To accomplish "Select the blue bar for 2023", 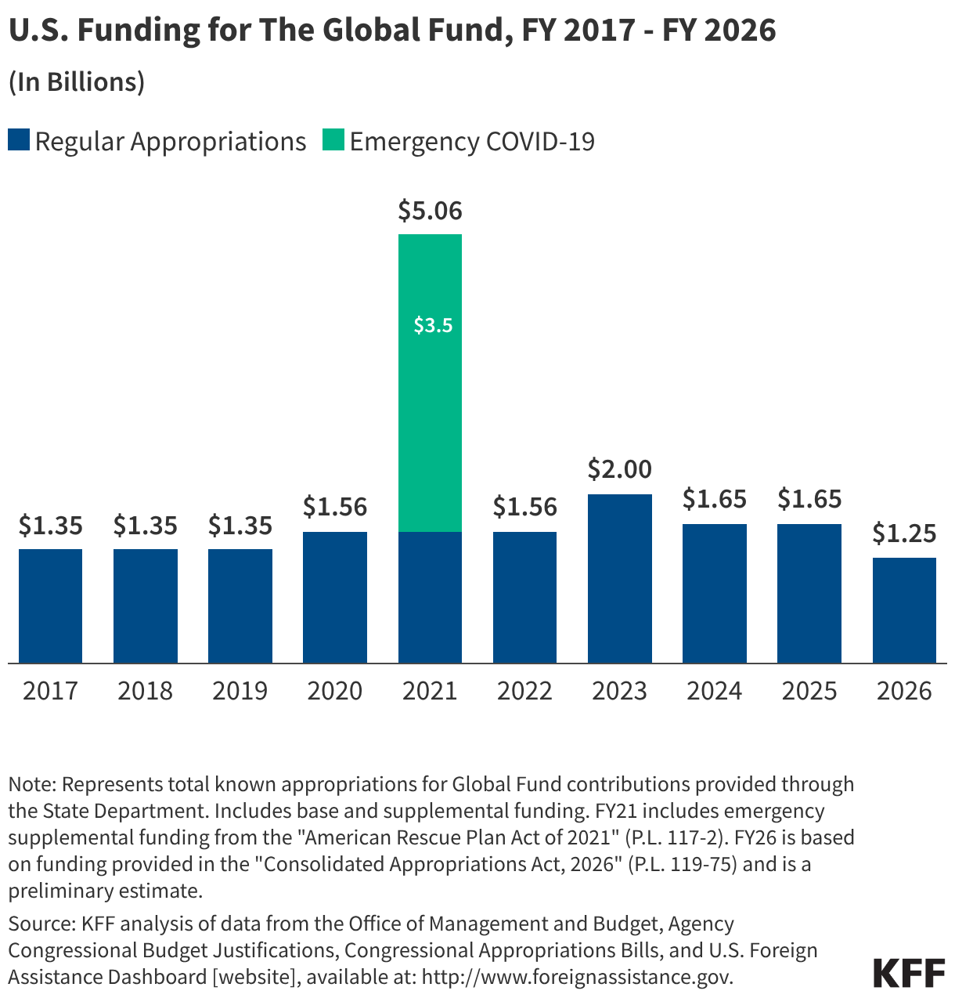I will (x=619, y=579).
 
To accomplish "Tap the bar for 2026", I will (x=904, y=610).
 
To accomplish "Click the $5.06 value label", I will (x=430, y=211).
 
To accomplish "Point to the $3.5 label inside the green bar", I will (x=433, y=325).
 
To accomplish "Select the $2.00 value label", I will (x=619, y=469).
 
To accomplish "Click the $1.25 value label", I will (x=904, y=533).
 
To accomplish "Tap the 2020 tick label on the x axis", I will (x=334, y=691).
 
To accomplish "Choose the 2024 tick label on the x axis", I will (x=714, y=691).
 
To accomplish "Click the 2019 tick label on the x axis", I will (x=240, y=691).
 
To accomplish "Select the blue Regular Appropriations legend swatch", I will (x=19, y=141).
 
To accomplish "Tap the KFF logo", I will (x=909, y=972).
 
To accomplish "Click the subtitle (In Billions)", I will (x=77, y=82).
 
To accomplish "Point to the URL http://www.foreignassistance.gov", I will (x=577, y=977).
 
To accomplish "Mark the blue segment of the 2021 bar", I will (x=430, y=597).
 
